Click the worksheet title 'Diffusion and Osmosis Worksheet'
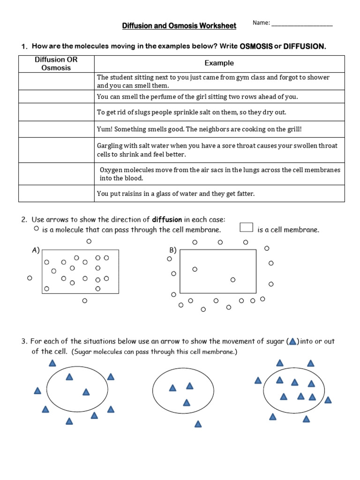click(179, 25)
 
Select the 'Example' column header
click(219, 63)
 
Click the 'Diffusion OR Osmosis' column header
click(56, 64)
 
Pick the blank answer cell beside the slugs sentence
click(56, 112)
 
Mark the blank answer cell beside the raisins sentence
click(56, 194)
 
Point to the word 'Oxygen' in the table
click(111, 170)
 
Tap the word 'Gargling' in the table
click(110, 146)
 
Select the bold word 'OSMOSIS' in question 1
click(256, 46)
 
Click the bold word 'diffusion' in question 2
click(167, 219)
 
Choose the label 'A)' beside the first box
click(36, 250)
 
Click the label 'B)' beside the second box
click(172, 250)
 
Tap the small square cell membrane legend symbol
click(246, 228)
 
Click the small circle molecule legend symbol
click(36, 228)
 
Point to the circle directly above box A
click(89, 241)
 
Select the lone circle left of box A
click(30, 278)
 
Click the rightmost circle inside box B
click(232, 280)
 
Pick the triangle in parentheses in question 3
click(292, 342)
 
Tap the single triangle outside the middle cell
click(198, 424)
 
